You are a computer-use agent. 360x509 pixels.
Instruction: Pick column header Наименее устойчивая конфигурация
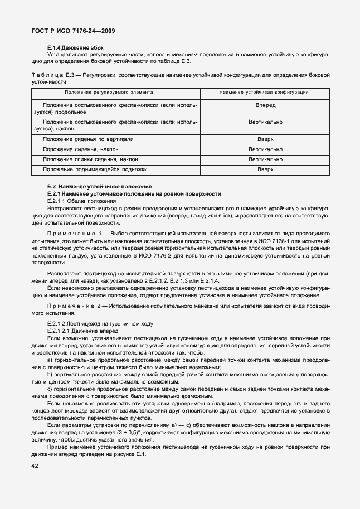click(x=265, y=91)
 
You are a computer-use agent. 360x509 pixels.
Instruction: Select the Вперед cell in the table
click(x=265, y=105)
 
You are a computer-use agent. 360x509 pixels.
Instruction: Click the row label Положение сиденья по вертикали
click(x=87, y=139)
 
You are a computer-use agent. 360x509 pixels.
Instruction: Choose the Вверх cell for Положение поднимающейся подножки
click(x=265, y=169)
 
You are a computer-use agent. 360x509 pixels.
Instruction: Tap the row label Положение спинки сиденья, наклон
click(x=90, y=159)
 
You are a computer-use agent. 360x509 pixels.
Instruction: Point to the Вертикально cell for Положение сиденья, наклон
click(x=265, y=149)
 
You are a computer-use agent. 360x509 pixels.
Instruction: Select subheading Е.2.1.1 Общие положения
click(x=81, y=200)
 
